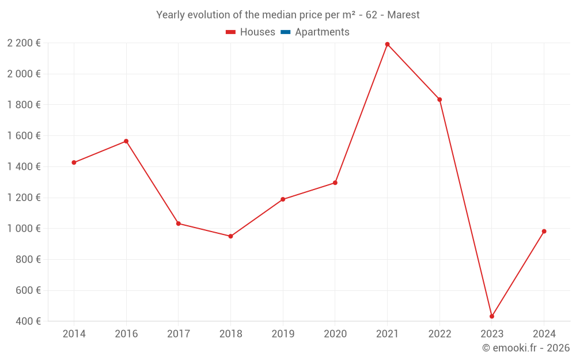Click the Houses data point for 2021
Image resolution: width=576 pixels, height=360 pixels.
click(x=387, y=44)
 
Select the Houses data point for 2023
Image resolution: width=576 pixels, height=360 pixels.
click(x=492, y=316)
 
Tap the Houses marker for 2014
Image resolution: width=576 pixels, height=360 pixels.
click(x=74, y=162)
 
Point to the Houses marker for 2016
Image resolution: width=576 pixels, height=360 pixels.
click(x=126, y=141)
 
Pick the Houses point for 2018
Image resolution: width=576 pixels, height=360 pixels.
click(x=230, y=236)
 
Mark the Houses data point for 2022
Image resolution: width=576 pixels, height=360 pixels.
click(x=439, y=100)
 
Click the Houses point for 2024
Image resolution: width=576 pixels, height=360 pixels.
click(x=544, y=232)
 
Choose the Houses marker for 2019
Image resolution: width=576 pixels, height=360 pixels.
click(x=283, y=199)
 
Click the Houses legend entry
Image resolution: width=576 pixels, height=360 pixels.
click(x=251, y=32)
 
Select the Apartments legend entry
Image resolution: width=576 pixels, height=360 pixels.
click(x=315, y=32)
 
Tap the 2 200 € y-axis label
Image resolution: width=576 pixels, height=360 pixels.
click(x=24, y=43)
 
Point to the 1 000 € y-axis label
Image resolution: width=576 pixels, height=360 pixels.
click(x=24, y=229)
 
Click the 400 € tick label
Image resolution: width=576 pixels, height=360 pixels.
click(x=27, y=321)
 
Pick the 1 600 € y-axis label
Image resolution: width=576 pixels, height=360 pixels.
click(x=24, y=136)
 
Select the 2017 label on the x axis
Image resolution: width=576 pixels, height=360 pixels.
click(x=179, y=334)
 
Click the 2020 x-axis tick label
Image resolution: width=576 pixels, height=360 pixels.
click(x=335, y=334)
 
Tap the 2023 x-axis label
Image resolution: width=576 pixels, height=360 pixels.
click(x=492, y=334)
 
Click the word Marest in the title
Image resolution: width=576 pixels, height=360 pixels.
click(x=403, y=15)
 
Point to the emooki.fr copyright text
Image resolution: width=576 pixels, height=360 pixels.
click(x=526, y=348)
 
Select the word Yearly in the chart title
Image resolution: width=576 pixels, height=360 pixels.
click(x=170, y=15)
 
